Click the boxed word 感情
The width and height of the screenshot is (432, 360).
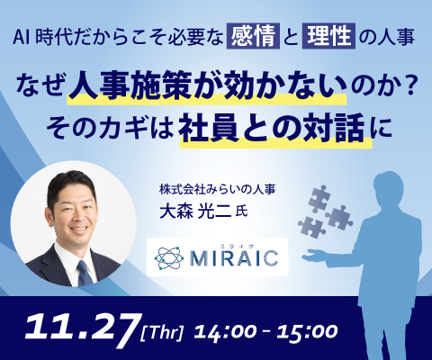click(x=254, y=36)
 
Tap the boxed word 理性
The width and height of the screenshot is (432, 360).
click(x=329, y=36)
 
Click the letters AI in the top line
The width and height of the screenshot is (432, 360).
click(x=22, y=37)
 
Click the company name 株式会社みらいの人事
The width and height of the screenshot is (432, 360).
click(x=218, y=190)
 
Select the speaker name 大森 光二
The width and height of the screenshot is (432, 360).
click(x=195, y=211)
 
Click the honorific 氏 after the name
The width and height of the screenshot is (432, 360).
click(x=241, y=212)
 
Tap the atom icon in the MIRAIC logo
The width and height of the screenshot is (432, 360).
click(x=168, y=258)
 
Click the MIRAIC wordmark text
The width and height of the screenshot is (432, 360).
click(x=234, y=258)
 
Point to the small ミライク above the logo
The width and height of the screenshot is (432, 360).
click(x=238, y=246)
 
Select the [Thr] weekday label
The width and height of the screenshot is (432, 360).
click(x=162, y=333)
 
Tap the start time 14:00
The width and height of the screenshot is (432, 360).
click(x=225, y=332)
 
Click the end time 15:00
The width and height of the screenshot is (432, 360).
click(x=307, y=332)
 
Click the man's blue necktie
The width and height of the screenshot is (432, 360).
click(x=85, y=274)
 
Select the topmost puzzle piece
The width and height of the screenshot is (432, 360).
click(x=319, y=198)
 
